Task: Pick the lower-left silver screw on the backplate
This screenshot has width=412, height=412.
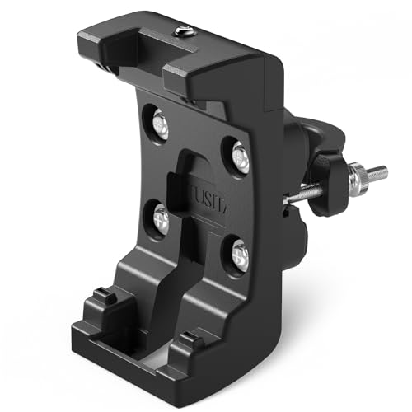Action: (162, 218)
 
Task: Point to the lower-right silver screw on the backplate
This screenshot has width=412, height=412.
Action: (239, 255)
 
